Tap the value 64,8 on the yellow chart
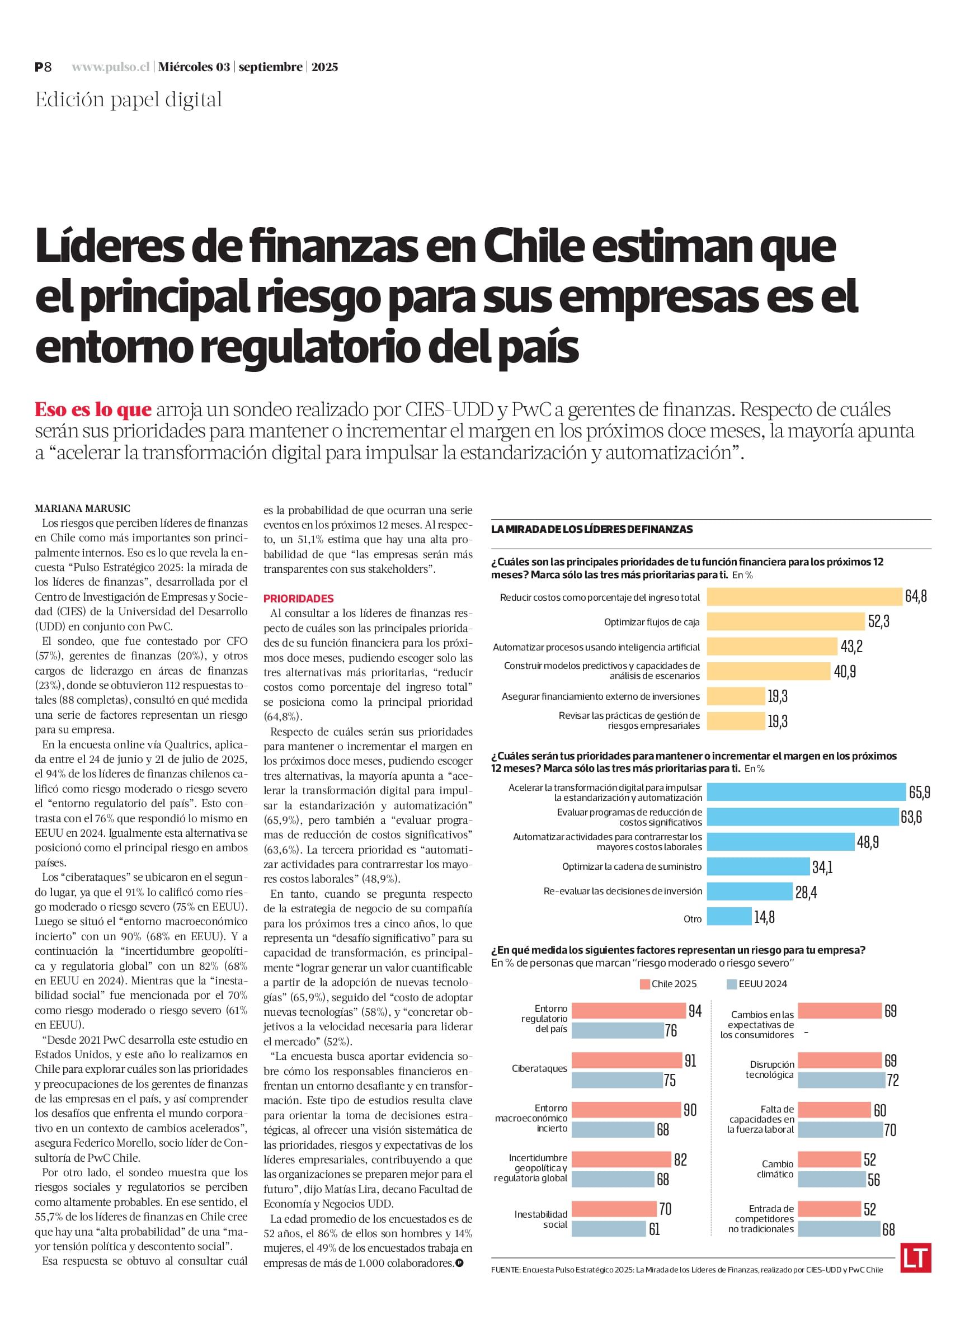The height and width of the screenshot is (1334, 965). click(916, 596)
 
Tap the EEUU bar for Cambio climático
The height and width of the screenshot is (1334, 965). click(831, 1179)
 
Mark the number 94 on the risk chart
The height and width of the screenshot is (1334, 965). click(695, 1011)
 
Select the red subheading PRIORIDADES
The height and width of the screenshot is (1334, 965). click(298, 599)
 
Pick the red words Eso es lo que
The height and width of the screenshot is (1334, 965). click(93, 409)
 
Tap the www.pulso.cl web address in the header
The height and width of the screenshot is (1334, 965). click(111, 67)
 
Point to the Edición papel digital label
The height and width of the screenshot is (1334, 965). click(129, 100)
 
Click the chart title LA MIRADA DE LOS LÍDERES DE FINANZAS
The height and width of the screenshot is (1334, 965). click(592, 529)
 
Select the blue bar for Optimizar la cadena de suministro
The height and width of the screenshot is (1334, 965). click(759, 866)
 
